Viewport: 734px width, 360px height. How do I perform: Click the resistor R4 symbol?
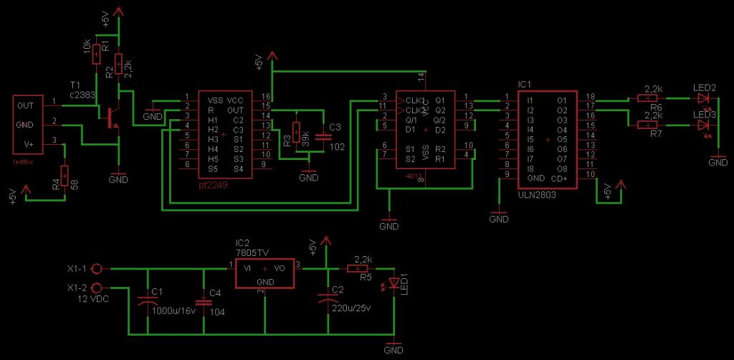click(x=65, y=174)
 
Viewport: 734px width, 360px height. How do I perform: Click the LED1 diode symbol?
click(x=393, y=284)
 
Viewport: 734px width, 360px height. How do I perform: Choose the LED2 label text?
click(x=705, y=88)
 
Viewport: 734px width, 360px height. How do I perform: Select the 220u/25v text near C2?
click(x=351, y=309)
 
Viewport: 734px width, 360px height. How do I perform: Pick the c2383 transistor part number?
click(x=83, y=94)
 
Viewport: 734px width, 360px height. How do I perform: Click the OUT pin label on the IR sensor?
click(x=26, y=106)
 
